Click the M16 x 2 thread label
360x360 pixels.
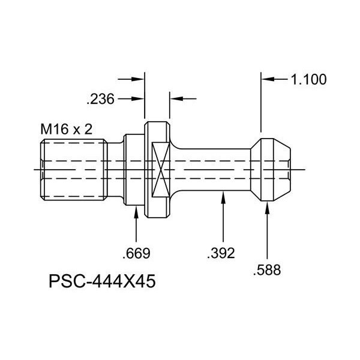click(x=69, y=128)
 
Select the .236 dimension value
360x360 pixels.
click(x=100, y=99)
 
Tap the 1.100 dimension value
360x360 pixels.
click(x=307, y=79)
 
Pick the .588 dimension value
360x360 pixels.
click(x=267, y=269)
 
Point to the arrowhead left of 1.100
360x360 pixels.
click(x=266, y=79)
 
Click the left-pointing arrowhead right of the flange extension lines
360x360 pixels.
click(x=174, y=99)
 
